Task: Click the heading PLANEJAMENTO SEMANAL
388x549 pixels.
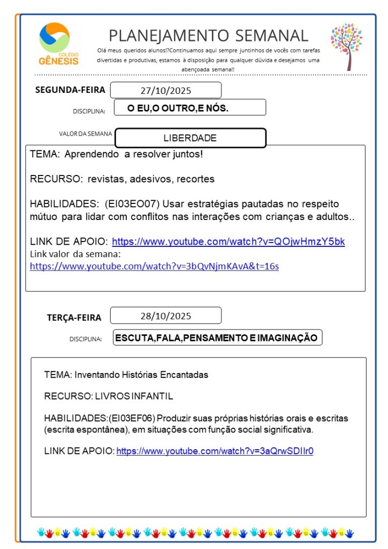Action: coord(209,35)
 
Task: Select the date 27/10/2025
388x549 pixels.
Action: coord(166,90)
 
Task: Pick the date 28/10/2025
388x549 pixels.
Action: coord(166,316)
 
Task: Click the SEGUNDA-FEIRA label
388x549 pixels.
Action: coord(70,90)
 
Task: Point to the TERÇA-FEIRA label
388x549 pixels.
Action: coord(74,318)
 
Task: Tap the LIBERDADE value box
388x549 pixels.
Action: coord(190,138)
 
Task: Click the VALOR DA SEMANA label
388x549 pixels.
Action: coord(85,134)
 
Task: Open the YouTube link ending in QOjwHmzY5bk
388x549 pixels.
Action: coord(228,241)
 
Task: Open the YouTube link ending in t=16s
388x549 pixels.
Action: coord(154,266)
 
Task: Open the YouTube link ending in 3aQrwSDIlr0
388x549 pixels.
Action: coord(214,451)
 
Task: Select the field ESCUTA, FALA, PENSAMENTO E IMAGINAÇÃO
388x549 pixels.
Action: coord(217,338)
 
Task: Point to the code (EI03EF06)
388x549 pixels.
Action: coord(132,418)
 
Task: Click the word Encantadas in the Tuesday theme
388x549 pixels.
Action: coord(187,374)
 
